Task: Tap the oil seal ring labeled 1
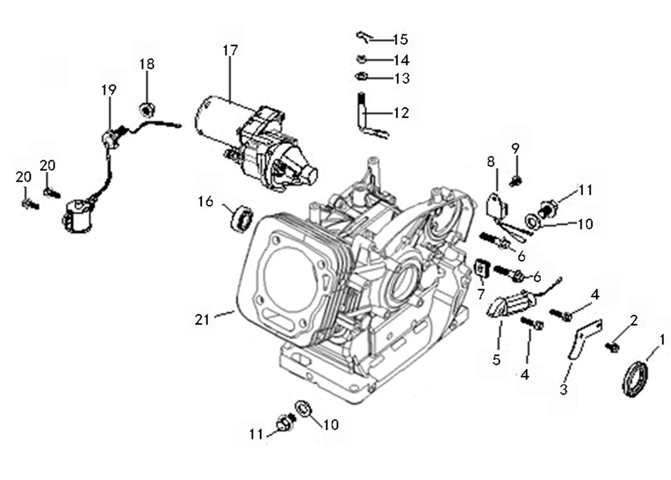click(x=635, y=379)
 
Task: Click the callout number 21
click(x=202, y=319)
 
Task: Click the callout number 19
click(x=109, y=90)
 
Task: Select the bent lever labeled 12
click(x=367, y=117)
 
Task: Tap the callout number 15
click(x=400, y=40)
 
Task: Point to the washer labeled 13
click(x=362, y=77)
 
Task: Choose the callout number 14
click(x=402, y=60)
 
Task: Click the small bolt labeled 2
click(x=611, y=347)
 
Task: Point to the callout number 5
click(x=496, y=360)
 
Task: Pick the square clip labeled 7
click(x=481, y=268)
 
